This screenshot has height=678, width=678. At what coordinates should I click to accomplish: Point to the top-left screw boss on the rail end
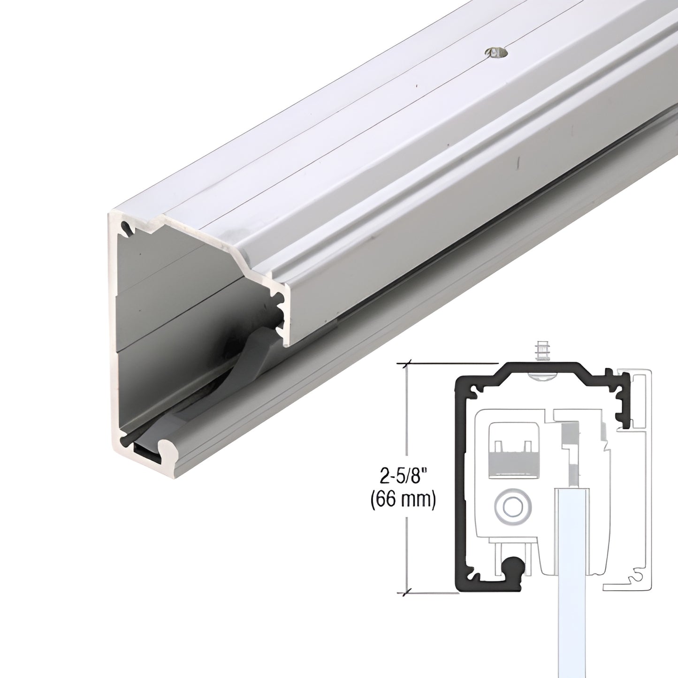(125, 229)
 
